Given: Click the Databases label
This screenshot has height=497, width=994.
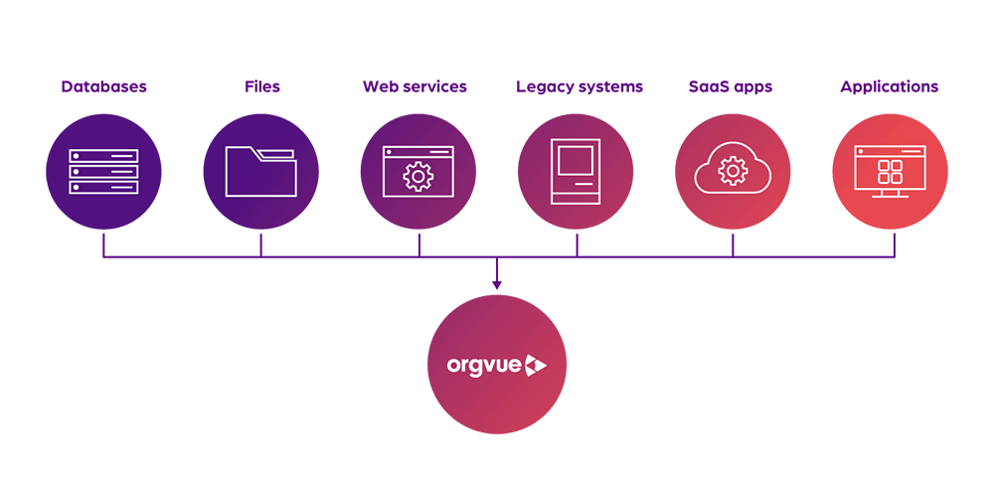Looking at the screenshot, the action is pos(104,86).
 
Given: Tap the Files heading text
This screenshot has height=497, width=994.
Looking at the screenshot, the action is pos(261,86).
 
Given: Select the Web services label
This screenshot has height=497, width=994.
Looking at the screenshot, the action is pos(414,86).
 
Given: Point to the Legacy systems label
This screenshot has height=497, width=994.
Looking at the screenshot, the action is pos(580,86).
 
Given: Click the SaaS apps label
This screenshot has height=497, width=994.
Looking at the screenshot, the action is pos(731,86).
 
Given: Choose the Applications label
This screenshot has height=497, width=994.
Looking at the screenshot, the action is pos(890,86).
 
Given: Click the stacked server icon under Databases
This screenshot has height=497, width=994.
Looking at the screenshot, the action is pos(103,171).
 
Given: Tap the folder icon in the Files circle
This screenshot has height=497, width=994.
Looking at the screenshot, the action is pos(260,171).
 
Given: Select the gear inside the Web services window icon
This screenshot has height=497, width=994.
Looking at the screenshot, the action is pos(417,177).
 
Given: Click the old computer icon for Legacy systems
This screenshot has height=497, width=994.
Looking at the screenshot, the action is pos(576,171).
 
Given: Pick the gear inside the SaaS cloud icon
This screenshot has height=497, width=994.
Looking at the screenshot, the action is pos(733,171).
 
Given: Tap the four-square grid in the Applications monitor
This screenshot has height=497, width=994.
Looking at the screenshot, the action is pos(890,171).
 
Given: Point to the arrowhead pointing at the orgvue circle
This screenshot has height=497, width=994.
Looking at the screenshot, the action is pos(497,284).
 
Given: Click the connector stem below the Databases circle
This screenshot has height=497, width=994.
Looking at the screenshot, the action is pos(103,245).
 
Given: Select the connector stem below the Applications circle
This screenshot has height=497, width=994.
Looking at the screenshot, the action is pos(895,245).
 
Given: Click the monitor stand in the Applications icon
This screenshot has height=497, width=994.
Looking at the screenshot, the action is pos(890,193).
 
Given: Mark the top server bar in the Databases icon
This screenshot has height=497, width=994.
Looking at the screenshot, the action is pos(103,155).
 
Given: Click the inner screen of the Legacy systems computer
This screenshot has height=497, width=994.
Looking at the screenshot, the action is pos(576,160).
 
